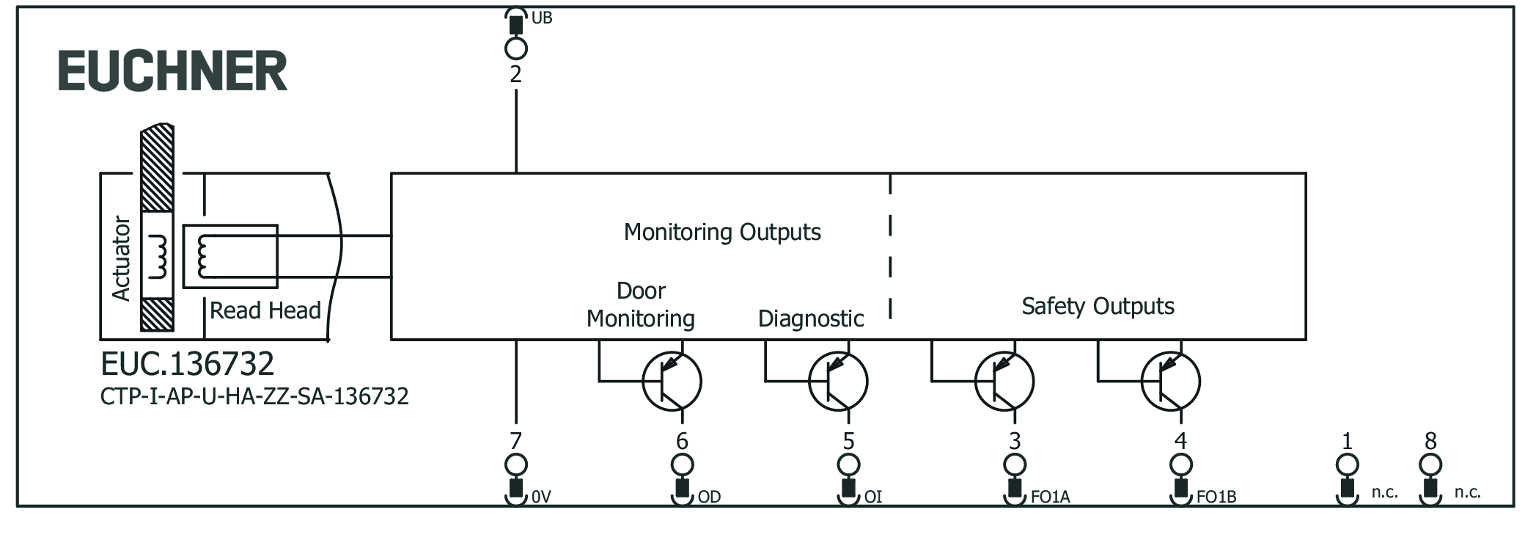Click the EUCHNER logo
(x=173, y=71)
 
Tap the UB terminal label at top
(x=541, y=18)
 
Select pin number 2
(x=516, y=74)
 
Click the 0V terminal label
(x=541, y=497)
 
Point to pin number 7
(x=516, y=441)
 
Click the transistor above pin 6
(x=672, y=382)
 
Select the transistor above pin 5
(x=838, y=382)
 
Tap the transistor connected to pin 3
(x=1004, y=382)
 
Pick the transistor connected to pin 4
(x=1171, y=382)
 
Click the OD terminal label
(x=709, y=497)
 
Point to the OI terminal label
(x=872, y=497)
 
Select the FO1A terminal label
(x=1050, y=497)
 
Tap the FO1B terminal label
(x=1216, y=497)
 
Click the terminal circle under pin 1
(x=1348, y=464)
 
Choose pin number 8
(x=1430, y=441)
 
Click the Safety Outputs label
(x=1098, y=306)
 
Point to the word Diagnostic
(x=810, y=318)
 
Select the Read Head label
(x=265, y=310)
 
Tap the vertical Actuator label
(x=121, y=258)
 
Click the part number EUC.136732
(x=188, y=364)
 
